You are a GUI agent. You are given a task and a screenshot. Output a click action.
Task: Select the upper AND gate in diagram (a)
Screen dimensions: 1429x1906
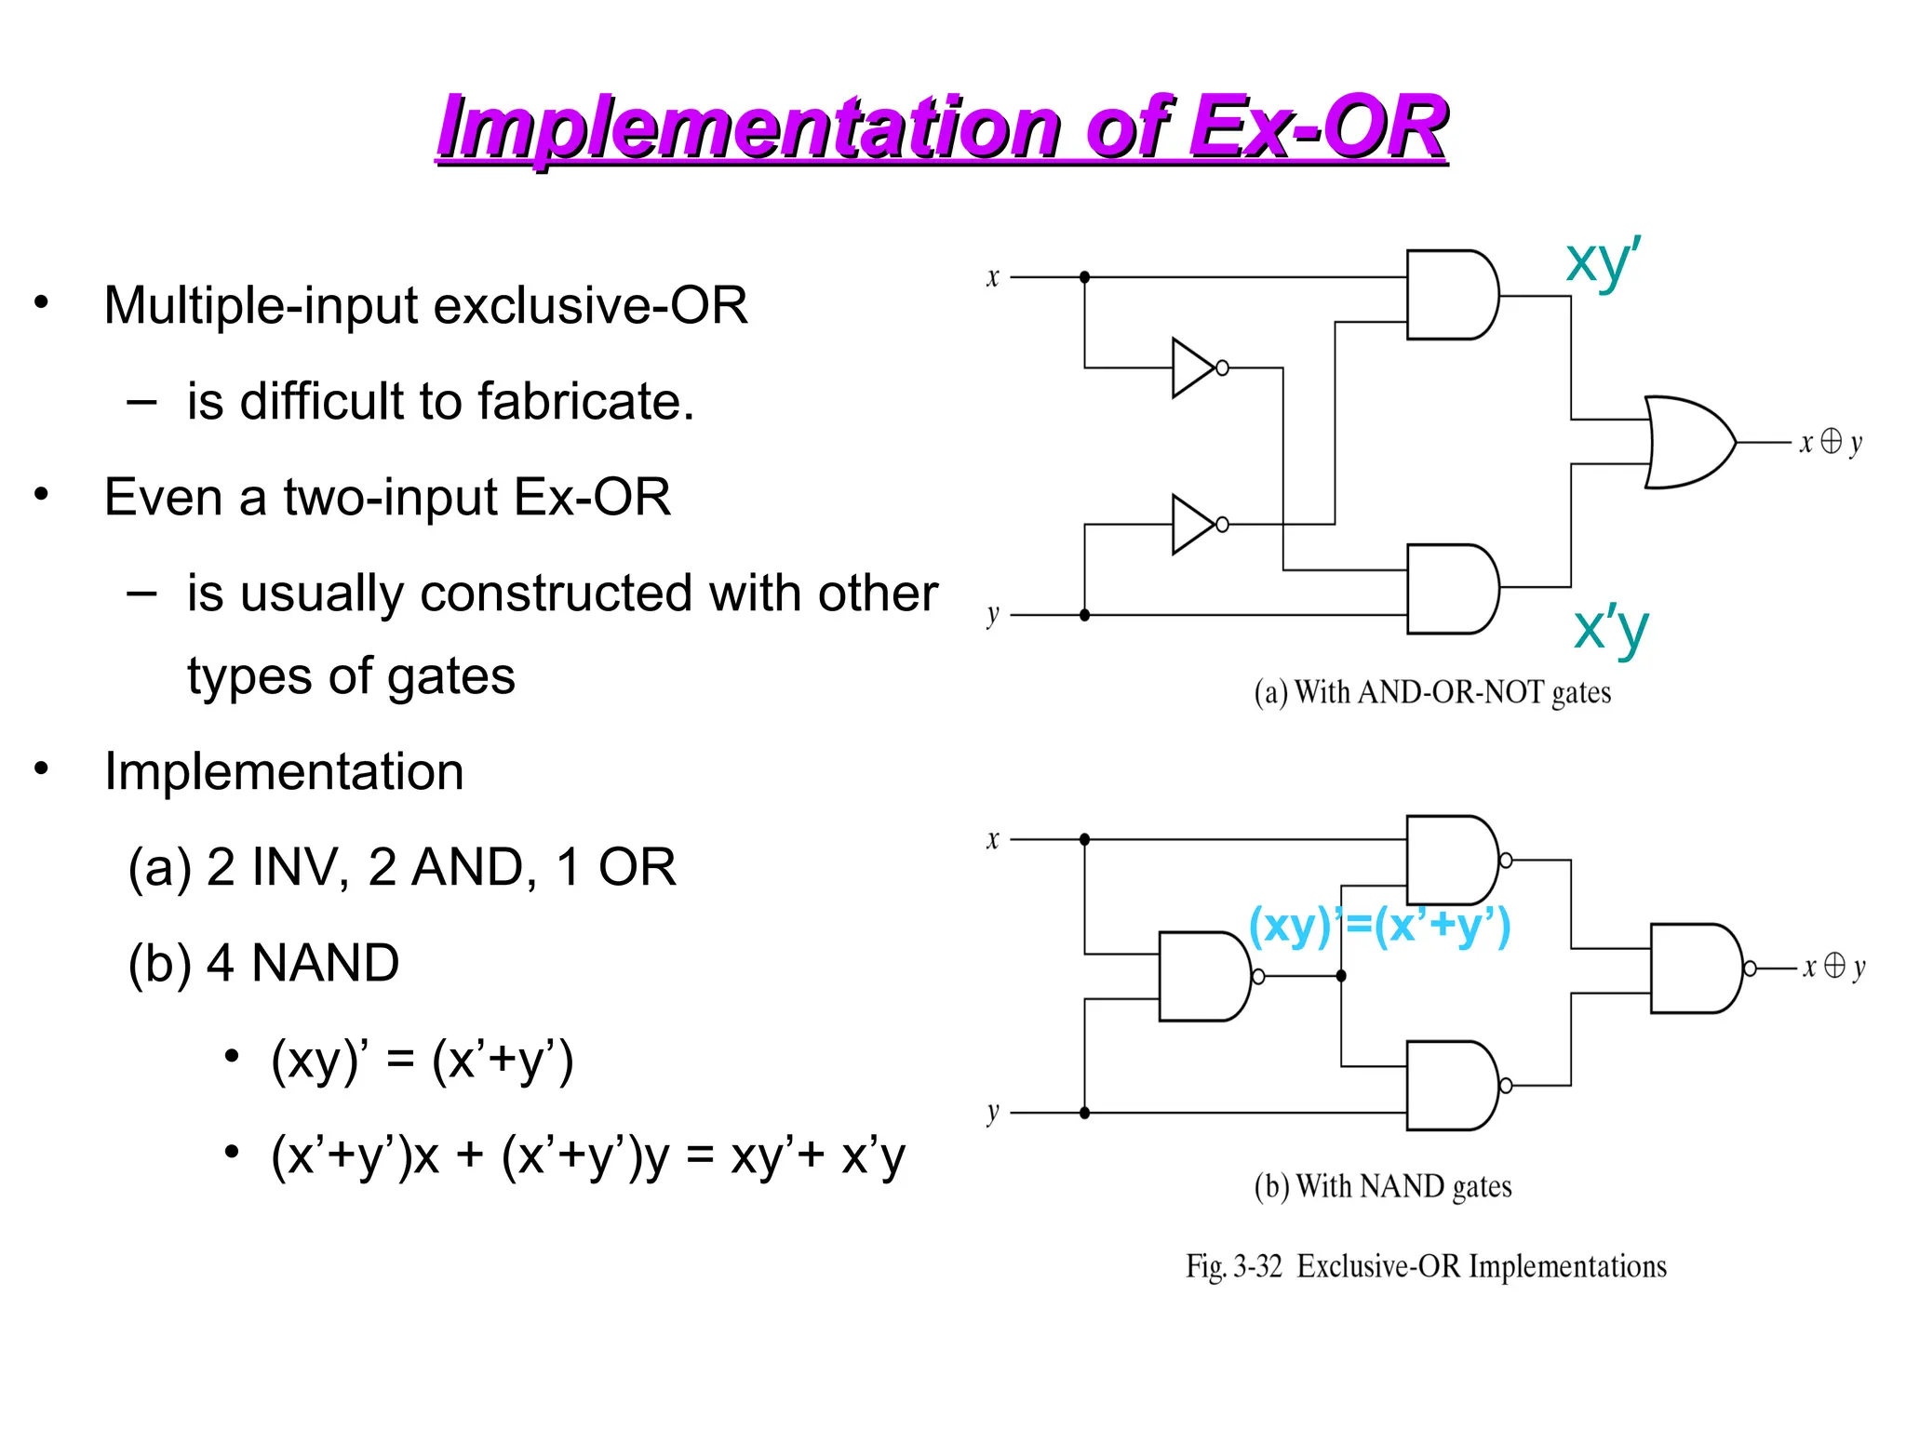[x=1450, y=295]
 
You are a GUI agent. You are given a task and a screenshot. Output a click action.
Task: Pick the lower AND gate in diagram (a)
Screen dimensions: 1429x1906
[x=1450, y=589]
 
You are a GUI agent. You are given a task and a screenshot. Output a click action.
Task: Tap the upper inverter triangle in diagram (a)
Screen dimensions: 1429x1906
[x=1191, y=368]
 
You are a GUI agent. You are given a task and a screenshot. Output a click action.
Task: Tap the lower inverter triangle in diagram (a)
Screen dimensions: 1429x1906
[x=1191, y=525]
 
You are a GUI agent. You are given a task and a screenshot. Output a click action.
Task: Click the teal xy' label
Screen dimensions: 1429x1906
[x=1603, y=261]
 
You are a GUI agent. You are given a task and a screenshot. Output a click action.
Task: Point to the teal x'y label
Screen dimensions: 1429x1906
[x=1610, y=628]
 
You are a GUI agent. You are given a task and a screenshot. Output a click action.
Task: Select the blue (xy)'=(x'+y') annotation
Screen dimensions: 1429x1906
[x=1378, y=926]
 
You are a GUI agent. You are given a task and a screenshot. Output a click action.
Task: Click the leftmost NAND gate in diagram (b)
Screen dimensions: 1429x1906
[x=1202, y=976]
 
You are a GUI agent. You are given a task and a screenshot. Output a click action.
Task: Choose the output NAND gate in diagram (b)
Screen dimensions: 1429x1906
[x=1694, y=968]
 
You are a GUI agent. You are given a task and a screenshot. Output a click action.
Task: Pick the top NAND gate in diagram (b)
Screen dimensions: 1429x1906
[x=1450, y=861]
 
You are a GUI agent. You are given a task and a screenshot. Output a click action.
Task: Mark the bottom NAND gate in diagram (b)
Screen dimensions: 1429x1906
[x=1450, y=1086]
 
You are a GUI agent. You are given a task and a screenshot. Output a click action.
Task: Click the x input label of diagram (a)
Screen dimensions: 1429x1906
[x=992, y=277]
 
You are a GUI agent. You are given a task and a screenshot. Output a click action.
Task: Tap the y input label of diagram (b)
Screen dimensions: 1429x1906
[x=992, y=1112]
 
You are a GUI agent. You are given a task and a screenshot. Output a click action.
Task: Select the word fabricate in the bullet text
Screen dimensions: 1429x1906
[x=585, y=402]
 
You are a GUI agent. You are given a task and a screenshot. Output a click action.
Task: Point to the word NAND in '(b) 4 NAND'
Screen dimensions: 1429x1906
[x=325, y=963]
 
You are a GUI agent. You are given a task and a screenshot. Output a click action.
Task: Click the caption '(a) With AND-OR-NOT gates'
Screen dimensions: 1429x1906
[x=1431, y=693]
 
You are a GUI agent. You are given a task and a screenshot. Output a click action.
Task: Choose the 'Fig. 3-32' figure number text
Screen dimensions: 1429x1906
[x=1233, y=1267]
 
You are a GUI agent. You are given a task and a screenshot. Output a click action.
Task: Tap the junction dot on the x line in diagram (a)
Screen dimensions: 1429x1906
[x=1084, y=277]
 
